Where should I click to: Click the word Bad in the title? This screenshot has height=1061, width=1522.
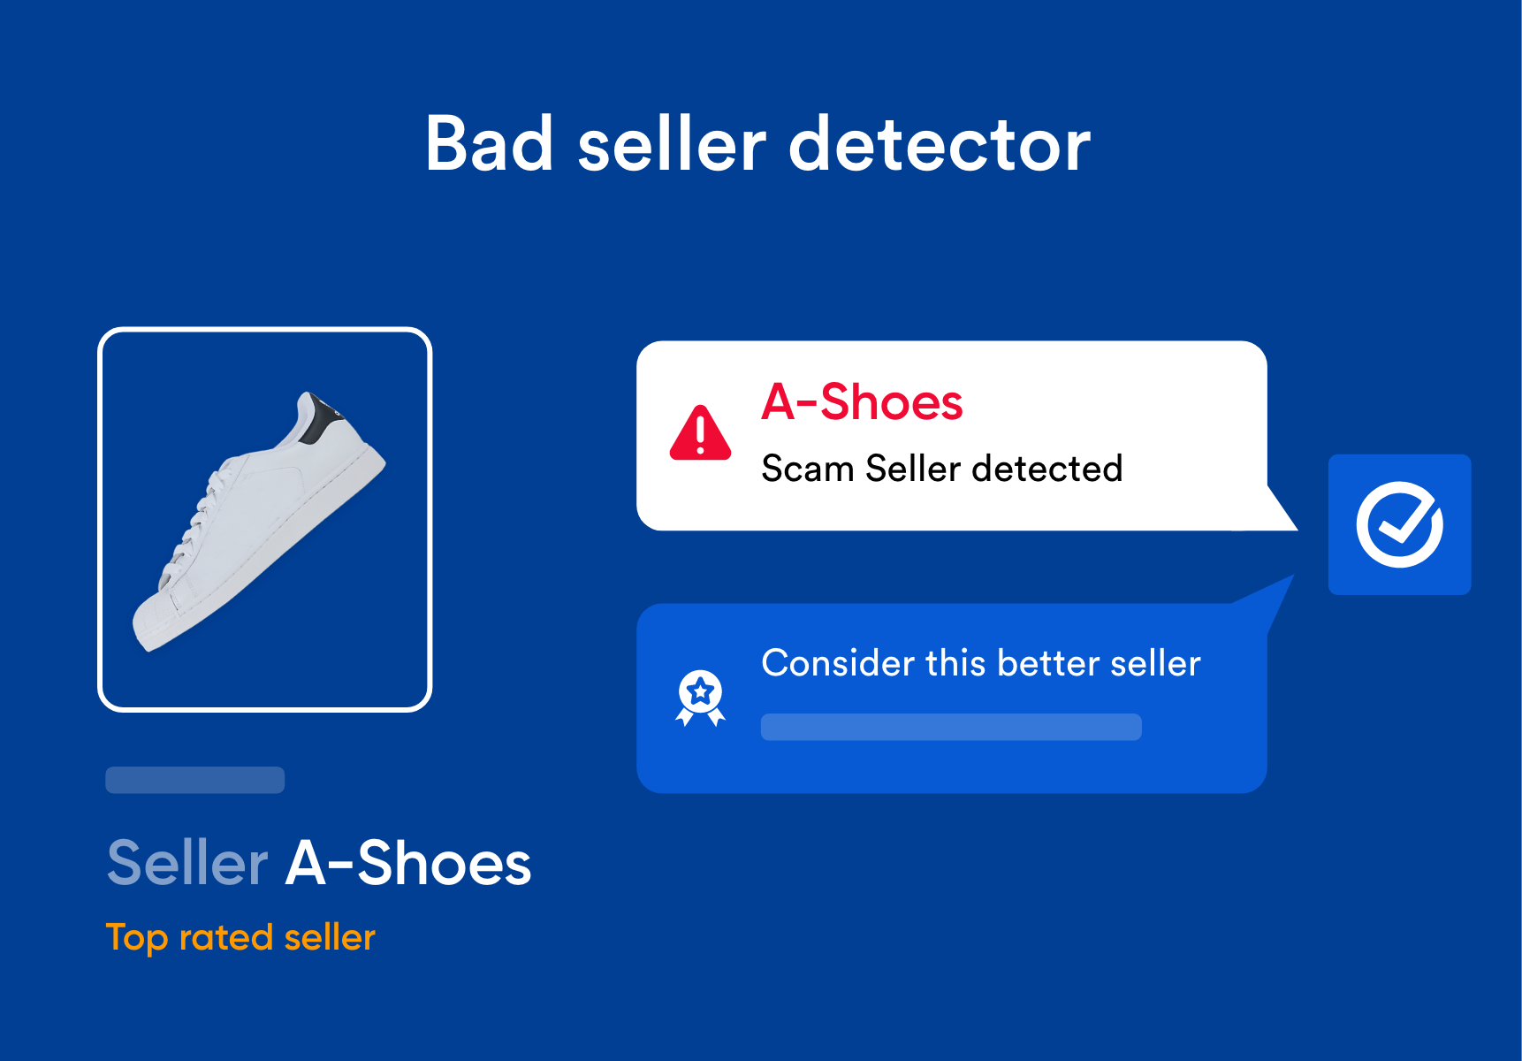point(490,143)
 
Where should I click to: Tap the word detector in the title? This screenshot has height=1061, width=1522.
point(940,145)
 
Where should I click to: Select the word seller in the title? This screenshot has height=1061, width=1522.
point(672,145)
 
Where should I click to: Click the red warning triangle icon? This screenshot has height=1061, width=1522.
point(701,433)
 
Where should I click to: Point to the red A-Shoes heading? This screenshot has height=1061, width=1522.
point(862,402)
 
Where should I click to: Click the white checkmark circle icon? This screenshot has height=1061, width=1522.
point(1400,525)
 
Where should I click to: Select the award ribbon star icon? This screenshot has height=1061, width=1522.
point(700,698)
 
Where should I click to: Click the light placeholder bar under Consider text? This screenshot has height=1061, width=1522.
point(951,727)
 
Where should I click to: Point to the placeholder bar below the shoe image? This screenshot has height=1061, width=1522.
point(195,780)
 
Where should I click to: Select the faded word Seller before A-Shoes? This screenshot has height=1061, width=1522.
point(187,863)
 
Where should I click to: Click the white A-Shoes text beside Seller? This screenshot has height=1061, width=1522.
point(408,863)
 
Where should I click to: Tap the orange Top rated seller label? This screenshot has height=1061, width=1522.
point(240,938)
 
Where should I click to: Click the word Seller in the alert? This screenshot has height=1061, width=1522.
point(913,469)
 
